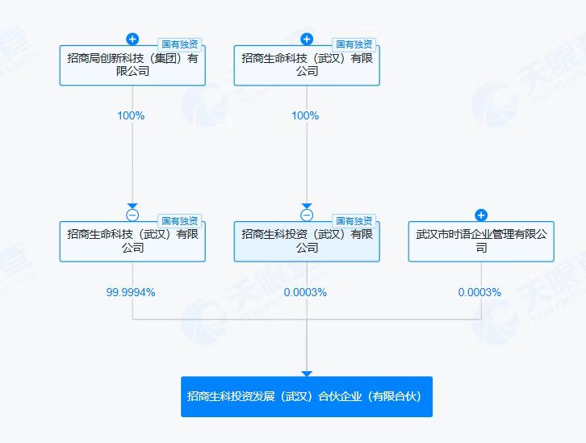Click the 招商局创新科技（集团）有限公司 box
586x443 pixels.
(x=132, y=65)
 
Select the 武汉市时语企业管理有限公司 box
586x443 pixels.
(x=481, y=241)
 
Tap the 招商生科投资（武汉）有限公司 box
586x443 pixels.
(x=307, y=241)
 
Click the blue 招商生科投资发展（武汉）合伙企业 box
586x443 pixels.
(x=307, y=396)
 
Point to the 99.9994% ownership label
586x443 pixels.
(x=131, y=292)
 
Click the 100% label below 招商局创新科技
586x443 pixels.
(x=131, y=115)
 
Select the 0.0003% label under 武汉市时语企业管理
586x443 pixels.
(x=479, y=292)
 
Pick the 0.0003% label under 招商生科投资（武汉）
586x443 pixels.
(x=305, y=292)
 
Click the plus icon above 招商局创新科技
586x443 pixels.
(x=132, y=39)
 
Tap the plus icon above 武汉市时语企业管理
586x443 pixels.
(x=481, y=215)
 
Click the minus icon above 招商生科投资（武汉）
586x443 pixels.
(x=307, y=215)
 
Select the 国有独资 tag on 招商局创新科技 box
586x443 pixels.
(x=179, y=44)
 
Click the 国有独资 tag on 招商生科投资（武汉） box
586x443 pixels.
(x=354, y=221)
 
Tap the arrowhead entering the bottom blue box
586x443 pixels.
(x=307, y=374)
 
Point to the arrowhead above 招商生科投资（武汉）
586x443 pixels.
(x=307, y=206)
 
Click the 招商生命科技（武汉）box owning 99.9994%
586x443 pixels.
(x=132, y=241)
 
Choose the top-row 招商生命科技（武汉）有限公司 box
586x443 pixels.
(x=307, y=65)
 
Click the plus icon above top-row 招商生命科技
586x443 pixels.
(x=307, y=39)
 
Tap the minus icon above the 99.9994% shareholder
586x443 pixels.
(x=132, y=215)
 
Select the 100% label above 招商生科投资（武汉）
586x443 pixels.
(x=305, y=115)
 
